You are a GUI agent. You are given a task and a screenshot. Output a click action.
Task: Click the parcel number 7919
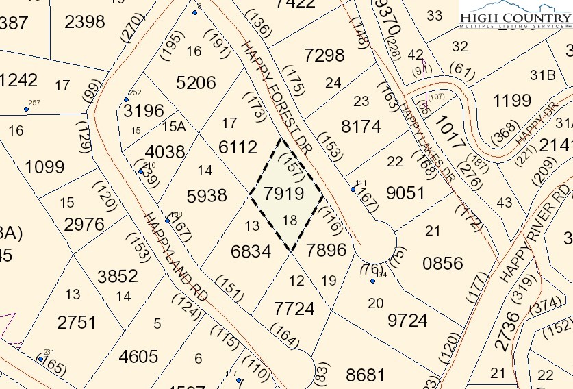pyautogui.click(x=283, y=194)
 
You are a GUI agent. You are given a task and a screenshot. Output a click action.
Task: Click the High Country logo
pyautogui.click(x=513, y=19)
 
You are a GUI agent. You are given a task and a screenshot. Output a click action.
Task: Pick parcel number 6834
pyautogui.click(x=251, y=251)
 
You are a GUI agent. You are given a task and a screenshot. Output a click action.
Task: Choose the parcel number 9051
pyautogui.click(x=406, y=193)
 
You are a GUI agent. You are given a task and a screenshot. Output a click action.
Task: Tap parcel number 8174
pyautogui.click(x=360, y=127)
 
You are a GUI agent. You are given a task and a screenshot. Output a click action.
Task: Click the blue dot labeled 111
pyautogui.click(x=353, y=189)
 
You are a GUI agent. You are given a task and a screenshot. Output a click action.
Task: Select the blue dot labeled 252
pyautogui.click(x=126, y=100)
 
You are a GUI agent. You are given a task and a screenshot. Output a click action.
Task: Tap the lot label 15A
pyautogui.click(x=173, y=126)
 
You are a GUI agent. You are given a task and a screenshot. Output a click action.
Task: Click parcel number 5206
pyautogui.click(x=196, y=84)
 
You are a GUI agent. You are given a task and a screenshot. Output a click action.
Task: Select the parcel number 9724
pyautogui.click(x=407, y=320)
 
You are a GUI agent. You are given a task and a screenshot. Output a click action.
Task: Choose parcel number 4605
pyautogui.click(x=138, y=357)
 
